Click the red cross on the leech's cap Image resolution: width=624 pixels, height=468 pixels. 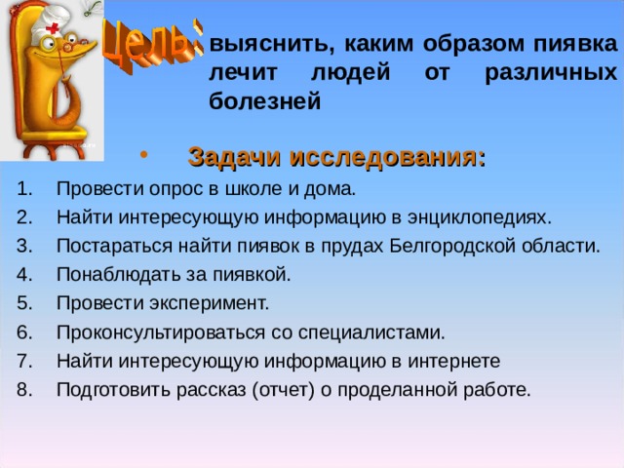(x=52, y=28)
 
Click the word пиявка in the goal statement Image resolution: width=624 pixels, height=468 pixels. (x=575, y=44)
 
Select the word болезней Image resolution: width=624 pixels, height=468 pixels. (x=264, y=100)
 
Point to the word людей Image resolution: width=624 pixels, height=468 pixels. (x=350, y=72)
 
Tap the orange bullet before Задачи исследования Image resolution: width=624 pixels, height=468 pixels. (x=144, y=154)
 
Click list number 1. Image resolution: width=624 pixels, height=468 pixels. (x=23, y=188)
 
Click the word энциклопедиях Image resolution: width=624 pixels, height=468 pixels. (x=479, y=218)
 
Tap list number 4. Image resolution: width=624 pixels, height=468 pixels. (x=24, y=275)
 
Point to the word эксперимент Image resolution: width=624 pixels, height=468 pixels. (x=210, y=303)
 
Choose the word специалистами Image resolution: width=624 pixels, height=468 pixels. (x=371, y=332)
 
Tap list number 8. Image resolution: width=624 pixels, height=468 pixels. (x=24, y=390)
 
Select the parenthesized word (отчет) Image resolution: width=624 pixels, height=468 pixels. (x=284, y=390)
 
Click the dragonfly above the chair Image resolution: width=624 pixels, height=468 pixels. (x=93, y=8)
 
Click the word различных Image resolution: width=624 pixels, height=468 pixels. (x=551, y=73)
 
